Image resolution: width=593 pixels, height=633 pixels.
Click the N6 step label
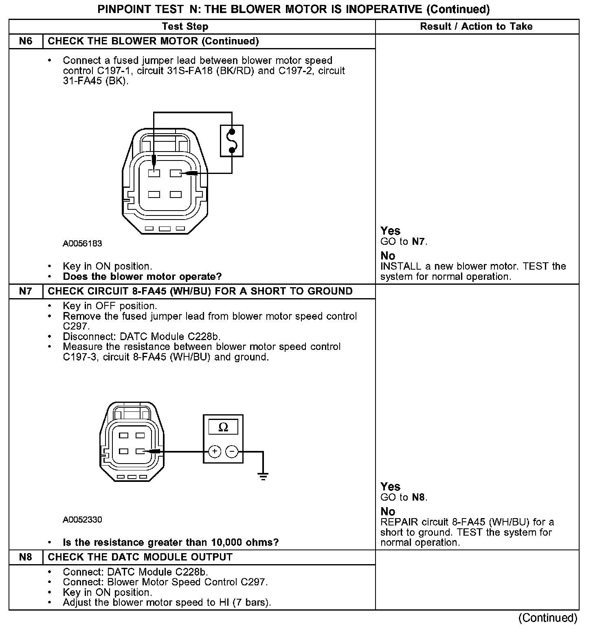click(25, 41)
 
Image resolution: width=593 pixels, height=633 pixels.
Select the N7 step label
click(25, 291)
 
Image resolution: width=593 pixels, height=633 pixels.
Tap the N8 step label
click(25, 557)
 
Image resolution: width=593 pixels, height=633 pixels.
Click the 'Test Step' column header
click(185, 26)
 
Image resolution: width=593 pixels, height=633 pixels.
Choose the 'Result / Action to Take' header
click(476, 26)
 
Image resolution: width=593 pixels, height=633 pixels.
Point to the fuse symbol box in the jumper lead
click(232, 141)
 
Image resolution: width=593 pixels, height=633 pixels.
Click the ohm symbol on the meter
click(223, 427)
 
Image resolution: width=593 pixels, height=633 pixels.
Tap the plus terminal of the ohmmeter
click(214, 451)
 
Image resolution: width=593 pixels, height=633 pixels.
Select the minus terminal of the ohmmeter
click(232, 451)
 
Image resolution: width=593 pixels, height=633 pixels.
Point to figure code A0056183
click(82, 244)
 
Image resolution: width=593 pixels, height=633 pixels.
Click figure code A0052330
click(82, 520)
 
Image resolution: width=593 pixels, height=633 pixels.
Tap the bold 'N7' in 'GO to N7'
click(418, 242)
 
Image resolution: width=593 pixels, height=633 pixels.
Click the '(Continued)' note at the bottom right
click(548, 618)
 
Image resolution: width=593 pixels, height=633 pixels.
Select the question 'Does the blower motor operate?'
click(142, 277)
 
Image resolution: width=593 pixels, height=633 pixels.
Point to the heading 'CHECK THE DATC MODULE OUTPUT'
click(140, 557)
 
